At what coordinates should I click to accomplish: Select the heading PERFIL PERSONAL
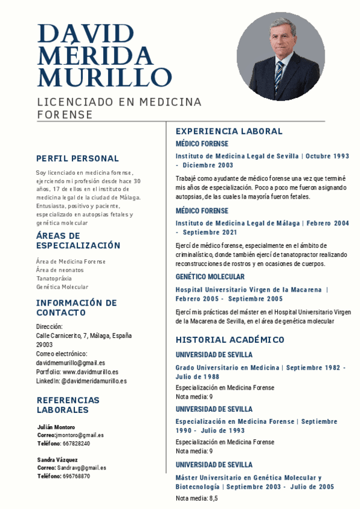pyautogui.click(x=77, y=158)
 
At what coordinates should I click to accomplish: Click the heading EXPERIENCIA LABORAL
pyautogui.click(x=229, y=131)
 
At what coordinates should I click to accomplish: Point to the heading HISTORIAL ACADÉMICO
pyautogui.click(x=230, y=340)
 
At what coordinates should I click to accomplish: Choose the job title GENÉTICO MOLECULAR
pyautogui.click(x=210, y=277)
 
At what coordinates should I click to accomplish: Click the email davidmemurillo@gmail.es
pyautogui.click(x=70, y=363)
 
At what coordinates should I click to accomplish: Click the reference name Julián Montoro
pyautogui.click(x=56, y=427)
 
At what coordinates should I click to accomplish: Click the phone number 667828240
pyautogui.click(x=76, y=444)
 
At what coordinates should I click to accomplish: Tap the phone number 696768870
pyautogui.click(x=76, y=476)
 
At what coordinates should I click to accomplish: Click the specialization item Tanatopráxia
pyautogui.click(x=53, y=279)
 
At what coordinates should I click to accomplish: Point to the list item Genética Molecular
pyautogui.click(x=62, y=287)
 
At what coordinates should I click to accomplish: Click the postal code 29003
pyautogui.click(x=44, y=345)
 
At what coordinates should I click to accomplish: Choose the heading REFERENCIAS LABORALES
pyautogui.click(x=68, y=405)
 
